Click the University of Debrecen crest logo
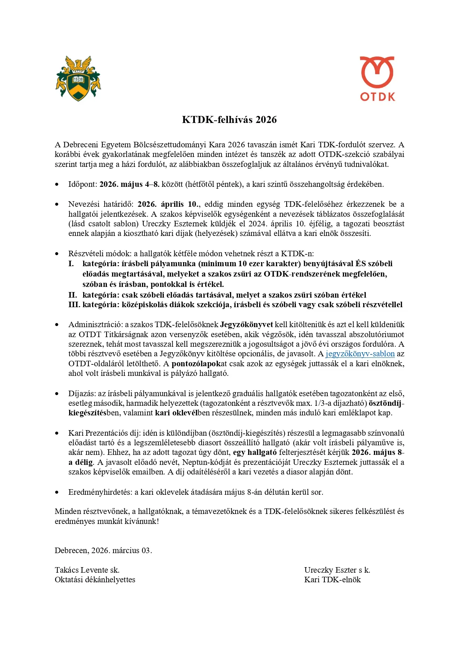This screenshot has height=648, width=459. pyautogui.click(x=78, y=78)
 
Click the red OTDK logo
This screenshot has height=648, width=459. pyautogui.click(x=377, y=79)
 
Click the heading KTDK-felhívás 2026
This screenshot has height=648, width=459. pyautogui.click(x=229, y=120)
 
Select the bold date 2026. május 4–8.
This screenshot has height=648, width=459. pyautogui.click(x=129, y=184)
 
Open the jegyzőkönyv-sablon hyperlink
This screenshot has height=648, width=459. pyautogui.click(x=360, y=354)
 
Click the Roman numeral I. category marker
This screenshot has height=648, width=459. pyautogui.click(x=71, y=264)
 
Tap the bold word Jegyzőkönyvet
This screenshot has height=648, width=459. pyautogui.click(x=246, y=325)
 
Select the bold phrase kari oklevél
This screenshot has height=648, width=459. pyautogui.click(x=176, y=413)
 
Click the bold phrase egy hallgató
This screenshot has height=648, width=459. pyautogui.click(x=255, y=452)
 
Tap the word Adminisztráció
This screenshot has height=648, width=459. pyautogui.click(x=95, y=325)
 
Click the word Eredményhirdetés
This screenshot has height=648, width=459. pyautogui.click(x=100, y=492)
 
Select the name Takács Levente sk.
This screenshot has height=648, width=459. pyautogui.click(x=87, y=570)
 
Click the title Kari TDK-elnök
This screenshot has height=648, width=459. pyautogui.click(x=332, y=580)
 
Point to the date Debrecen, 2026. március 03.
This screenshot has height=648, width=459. pyautogui.click(x=103, y=551)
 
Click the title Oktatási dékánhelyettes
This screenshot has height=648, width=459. pyautogui.click(x=95, y=580)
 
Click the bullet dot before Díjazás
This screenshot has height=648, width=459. pyautogui.click(x=57, y=394)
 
